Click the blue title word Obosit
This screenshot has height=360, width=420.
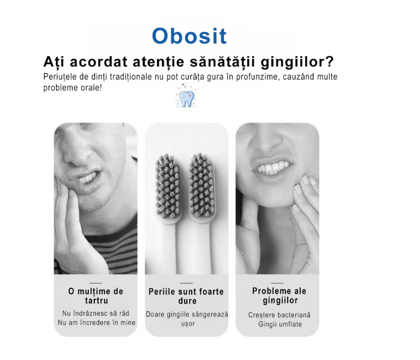(x=189, y=36)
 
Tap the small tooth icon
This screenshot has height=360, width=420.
(x=186, y=97)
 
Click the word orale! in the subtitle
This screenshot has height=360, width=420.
(x=89, y=88)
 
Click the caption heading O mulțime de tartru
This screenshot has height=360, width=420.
(x=95, y=296)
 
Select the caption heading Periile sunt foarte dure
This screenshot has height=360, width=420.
(x=186, y=296)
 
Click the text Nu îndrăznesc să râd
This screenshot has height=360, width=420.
(x=95, y=313)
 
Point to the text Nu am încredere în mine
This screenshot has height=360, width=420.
(x=96, y=322)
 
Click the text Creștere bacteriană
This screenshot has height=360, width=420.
(x=279, y=315)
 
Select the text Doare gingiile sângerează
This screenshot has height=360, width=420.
(x=186, y=314)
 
